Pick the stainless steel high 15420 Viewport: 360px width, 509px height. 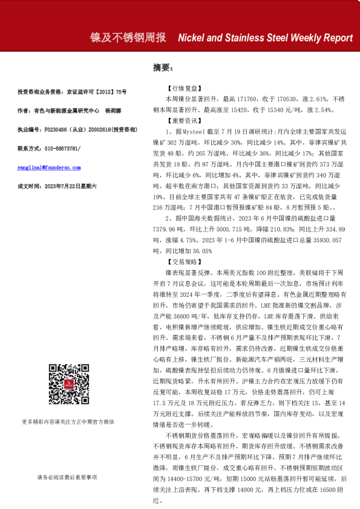(x=237, y=110)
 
